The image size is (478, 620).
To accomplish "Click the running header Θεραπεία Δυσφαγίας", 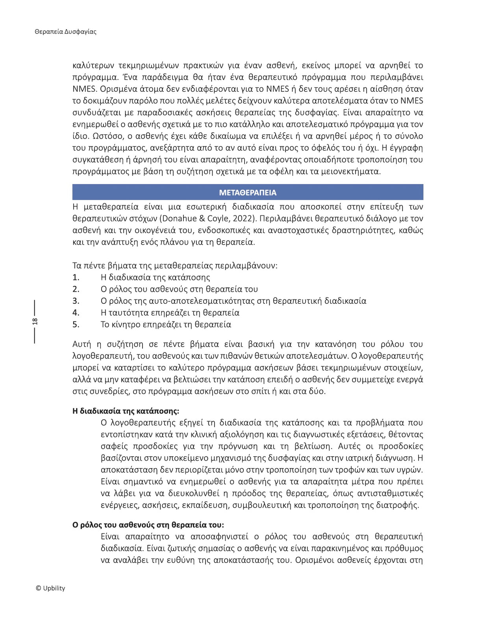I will tap(65, 31).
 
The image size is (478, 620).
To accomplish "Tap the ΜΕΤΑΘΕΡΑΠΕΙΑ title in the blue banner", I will tap(248, 192).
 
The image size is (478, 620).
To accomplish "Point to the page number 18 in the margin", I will tap(35, 321).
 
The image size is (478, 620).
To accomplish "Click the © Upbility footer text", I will tap(50, 588).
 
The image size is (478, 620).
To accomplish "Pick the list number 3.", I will tap(76, 301).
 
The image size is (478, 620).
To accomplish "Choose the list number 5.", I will tap(76, 325).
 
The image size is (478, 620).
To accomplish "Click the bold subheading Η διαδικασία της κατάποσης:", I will tap(126, 411).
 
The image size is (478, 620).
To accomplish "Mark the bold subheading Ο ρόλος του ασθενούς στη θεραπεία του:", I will tap(148, 525).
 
